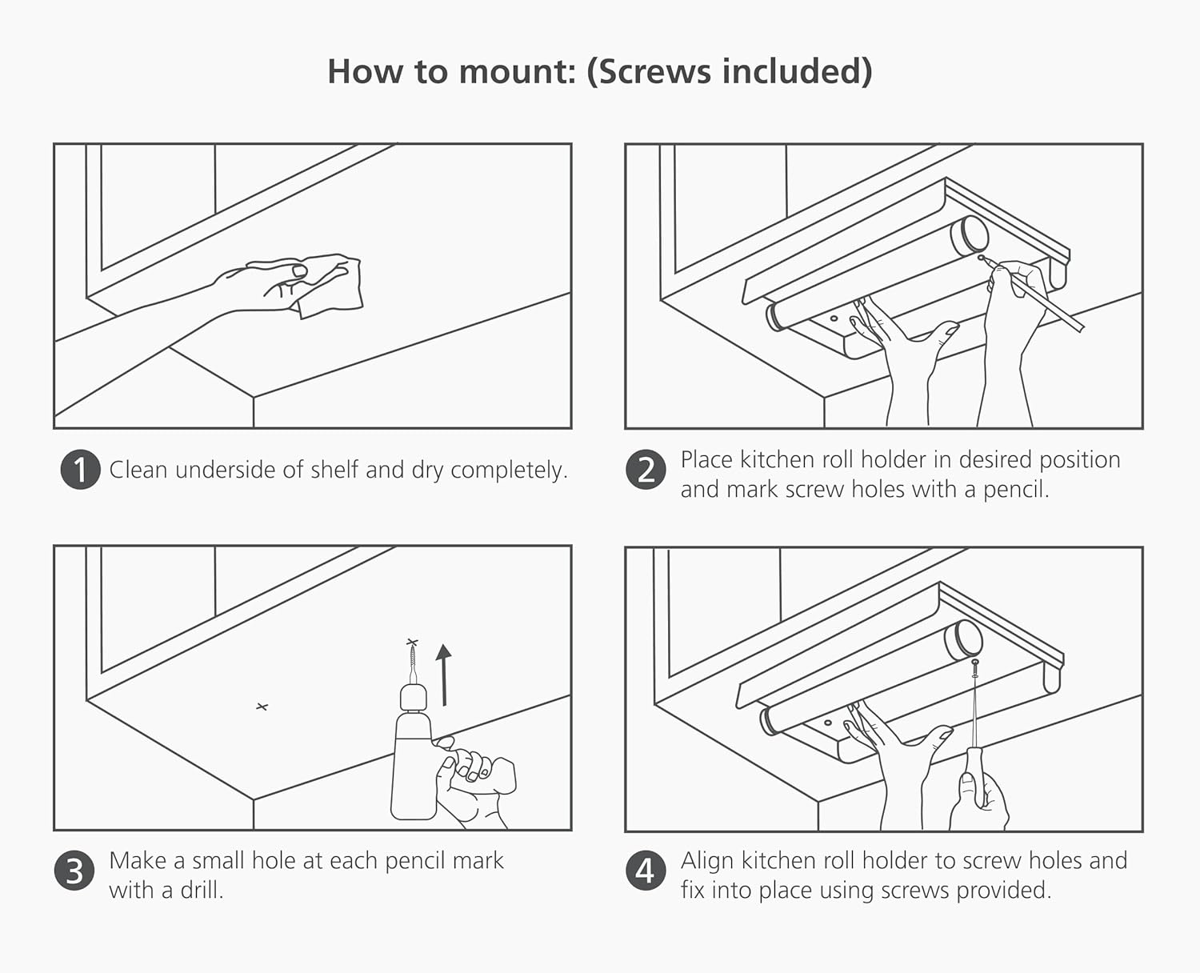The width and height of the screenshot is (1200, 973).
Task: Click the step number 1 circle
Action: coord(80,470)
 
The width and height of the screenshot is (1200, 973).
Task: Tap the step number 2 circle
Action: coord(646,470)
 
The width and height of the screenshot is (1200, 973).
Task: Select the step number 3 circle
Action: coord(74,871)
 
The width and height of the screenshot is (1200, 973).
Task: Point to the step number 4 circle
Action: coord(646,871)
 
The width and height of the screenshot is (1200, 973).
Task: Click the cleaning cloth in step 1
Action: coord(332,285)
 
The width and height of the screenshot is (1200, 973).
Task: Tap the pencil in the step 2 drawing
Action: coord(1040,296)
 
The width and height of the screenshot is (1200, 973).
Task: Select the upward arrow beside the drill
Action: coord(443,675)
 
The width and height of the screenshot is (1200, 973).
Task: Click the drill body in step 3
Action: coord(412,768)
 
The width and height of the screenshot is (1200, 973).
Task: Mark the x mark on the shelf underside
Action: coord(262,707)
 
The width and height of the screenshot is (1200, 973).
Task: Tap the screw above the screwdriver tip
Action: coord(974,667)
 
